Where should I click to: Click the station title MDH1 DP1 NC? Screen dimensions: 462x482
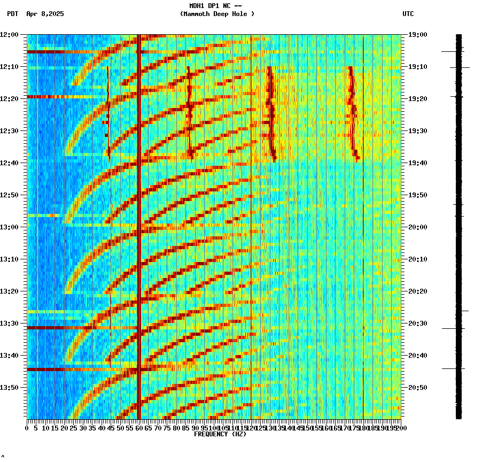point(210,6)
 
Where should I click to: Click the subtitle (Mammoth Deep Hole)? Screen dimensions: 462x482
point(217,14)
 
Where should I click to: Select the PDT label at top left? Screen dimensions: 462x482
point(12,14)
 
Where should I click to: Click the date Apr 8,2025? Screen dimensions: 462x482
point(45,14)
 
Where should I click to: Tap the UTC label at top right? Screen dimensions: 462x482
point(408,14)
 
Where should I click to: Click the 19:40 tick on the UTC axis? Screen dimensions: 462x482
point(418,163)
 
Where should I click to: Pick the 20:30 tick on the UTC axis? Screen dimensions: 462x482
point(418,323)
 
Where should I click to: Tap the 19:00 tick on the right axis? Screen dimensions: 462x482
point(418,34)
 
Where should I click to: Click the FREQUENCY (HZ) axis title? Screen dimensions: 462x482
point(220,434)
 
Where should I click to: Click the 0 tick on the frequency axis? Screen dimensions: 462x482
point(27,428)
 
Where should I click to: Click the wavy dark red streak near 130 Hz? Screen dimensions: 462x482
point(271,112)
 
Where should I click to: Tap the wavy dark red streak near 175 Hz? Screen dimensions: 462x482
point(352,112)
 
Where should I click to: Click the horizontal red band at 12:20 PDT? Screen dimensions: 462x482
point(53,97)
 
